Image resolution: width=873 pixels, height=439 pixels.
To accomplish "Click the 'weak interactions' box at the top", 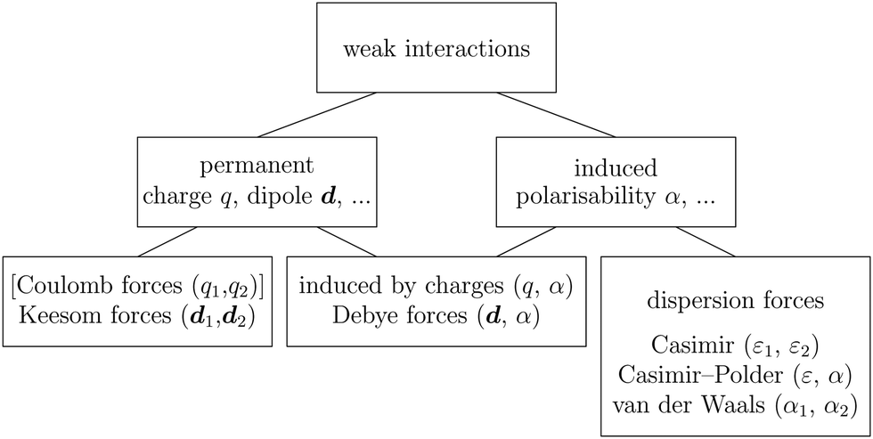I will tap(436, 48).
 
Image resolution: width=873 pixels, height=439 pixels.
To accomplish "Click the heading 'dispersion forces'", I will tap(735, 301).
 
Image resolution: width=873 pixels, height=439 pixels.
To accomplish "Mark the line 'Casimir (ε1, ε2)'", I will tap(735, 345).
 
